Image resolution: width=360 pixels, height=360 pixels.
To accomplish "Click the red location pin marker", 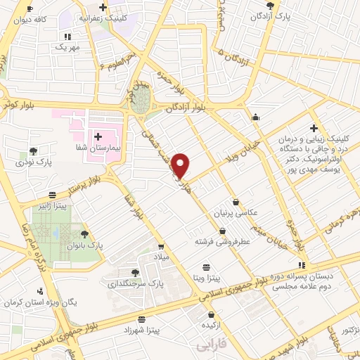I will pos(181,165).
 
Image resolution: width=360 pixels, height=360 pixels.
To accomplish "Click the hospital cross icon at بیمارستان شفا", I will pos(97,136).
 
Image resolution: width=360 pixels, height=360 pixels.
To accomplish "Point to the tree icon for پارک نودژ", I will pos(33,150).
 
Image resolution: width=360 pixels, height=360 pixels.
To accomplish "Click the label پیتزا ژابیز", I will pos(53,207).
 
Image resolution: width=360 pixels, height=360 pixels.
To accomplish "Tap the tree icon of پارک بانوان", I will pos(85,234).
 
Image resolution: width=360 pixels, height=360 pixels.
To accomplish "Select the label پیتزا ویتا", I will pos(207,279).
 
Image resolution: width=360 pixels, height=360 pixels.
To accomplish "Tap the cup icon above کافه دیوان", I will pos(29,8).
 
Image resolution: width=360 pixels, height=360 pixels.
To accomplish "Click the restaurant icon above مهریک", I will pos(67,36).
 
